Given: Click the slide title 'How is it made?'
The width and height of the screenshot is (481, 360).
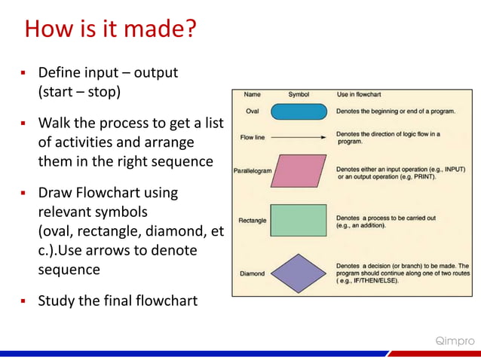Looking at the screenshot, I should pos(111,30).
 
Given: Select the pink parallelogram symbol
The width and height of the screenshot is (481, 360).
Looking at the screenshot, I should pos(299,170).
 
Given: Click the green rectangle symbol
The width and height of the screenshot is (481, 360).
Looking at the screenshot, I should pos(299,221).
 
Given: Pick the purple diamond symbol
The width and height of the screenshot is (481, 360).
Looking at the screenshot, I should pos(299,273).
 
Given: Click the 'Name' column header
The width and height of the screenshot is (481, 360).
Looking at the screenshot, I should pos(252,95).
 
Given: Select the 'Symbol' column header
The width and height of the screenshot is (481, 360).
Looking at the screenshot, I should pos(299,95).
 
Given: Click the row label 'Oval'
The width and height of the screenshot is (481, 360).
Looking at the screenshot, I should pos(253,111).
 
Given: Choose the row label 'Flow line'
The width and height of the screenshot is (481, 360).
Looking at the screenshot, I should pos(253,139).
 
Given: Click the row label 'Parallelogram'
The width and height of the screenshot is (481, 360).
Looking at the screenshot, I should pos(252,171).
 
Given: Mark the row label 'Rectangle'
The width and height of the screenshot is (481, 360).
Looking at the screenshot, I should pos(252,221).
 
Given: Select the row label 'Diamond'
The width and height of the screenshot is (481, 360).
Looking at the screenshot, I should pos(252,273).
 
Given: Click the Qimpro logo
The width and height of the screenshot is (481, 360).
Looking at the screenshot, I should pos(455,341).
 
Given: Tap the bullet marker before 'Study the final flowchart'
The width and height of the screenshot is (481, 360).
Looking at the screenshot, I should pos(23,302).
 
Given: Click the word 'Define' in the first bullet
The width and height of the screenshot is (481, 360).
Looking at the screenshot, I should pos(59,73).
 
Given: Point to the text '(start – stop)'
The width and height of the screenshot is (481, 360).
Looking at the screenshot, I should pos(79,93).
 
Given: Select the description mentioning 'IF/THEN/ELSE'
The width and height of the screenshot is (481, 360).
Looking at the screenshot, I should pos(407,273).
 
